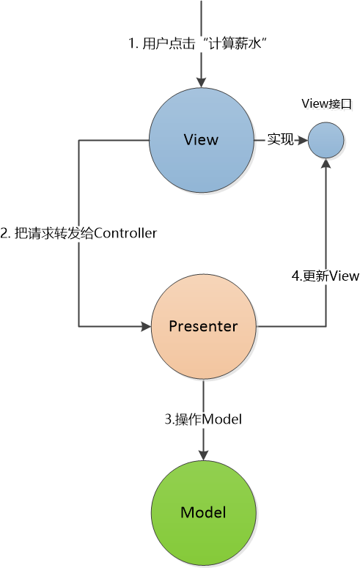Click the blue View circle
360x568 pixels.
pos(202,140)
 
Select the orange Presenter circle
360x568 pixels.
pos(203,326)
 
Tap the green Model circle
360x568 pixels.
pos(203,513)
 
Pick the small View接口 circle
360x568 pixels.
pos(326,140)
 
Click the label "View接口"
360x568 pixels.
pos(327,104)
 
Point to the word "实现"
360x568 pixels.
pos(280,139)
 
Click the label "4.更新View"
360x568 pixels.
pos(326,276)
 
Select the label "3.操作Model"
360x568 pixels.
pos(203,419)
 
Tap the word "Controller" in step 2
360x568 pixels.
pos(125,233)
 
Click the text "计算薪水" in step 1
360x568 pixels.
pos(235,44)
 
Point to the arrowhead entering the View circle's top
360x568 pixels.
pos(201,83)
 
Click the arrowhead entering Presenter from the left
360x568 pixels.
pos(146,326)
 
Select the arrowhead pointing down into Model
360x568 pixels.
pos(203,455)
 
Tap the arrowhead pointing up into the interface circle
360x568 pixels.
pos(326,163)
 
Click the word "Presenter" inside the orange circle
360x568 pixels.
pos(203,326)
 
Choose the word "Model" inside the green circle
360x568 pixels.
pos(203,512)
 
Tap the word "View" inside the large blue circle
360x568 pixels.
pos(201,140)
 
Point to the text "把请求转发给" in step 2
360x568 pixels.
pos(54,233)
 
